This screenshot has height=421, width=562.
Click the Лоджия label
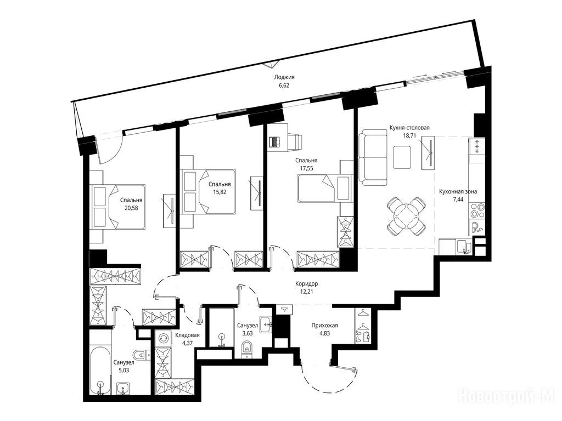pos(284,77)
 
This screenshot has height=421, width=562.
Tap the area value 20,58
pos(131,208)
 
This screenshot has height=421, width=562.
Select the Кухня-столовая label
pos(409,127)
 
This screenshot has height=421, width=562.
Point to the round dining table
pos(407,215)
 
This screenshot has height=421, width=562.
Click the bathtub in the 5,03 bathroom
pos(100,371)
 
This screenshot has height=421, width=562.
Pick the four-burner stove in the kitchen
pos(477,211)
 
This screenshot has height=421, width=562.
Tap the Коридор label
pos(306,283)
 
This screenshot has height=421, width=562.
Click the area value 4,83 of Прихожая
pos(324,333)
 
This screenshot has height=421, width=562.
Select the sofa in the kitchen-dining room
pos(373,157)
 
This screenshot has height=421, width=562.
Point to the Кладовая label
pos(187,335)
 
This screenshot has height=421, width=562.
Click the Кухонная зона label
pos(458,191)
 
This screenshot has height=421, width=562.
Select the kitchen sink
pos(464,247)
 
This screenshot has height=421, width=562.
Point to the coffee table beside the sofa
pos(402,157)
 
